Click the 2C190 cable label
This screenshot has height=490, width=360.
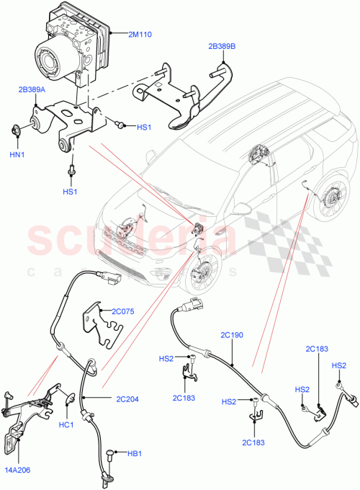(233, 336)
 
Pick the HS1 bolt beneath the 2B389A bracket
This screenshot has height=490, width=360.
(73, 171)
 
